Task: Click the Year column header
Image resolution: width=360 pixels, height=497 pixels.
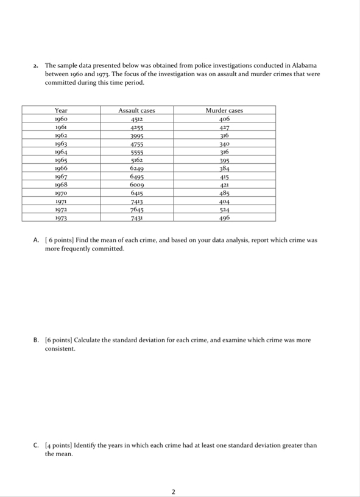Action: pos(61,110)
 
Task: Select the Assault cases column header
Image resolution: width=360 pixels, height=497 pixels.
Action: pos(136,110)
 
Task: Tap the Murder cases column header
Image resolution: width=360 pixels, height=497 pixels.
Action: pos(224,110)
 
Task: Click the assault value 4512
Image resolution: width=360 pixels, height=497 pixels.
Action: pos(136,119)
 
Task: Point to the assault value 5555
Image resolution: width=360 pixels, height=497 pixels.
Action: pos(136,152)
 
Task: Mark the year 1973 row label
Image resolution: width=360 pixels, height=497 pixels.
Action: pos(61,217)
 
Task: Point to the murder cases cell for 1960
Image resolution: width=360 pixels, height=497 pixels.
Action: pos(224,119)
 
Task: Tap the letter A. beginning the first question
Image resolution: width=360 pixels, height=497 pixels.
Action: pos(37,241)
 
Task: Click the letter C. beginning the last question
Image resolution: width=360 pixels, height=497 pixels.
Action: pos(37,445)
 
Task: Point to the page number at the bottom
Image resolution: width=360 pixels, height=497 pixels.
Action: pos(174,491)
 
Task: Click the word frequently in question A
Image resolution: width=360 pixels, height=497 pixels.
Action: pos(79,249)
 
